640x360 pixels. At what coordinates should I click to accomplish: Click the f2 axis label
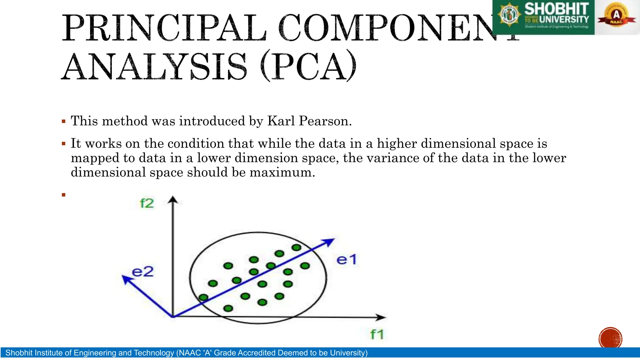click(x=147, y=203)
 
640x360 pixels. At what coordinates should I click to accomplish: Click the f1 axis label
click(x=377, y=334)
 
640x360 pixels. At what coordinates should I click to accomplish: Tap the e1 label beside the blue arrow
click(x=347, y=260)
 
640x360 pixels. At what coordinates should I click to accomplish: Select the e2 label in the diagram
click(x=143, y=272)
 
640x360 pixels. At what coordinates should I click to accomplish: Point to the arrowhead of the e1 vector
click(x=330, y=242)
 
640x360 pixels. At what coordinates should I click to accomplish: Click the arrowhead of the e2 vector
click(x=126, y=279)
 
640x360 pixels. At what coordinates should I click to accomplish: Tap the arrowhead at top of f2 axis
click(x=173, y=199)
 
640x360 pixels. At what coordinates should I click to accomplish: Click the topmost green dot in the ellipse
click(x=296, y=247)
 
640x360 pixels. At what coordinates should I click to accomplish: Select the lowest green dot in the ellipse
click(x=228, y=308)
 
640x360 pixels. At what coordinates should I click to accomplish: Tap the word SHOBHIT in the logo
click(x=556, y=9)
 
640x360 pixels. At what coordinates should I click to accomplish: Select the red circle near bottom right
click(x=610, y=338)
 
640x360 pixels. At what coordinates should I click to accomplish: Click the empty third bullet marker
click(x=64, y=195)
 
